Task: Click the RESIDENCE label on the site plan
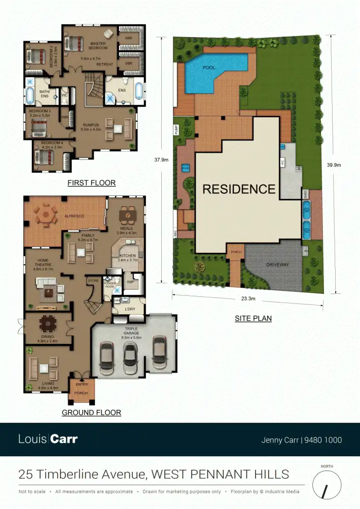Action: (x=239, y=189)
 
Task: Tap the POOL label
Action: (x=209, y=67)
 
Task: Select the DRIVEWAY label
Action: (x=277, y=264)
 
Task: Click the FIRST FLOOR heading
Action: (x=91, y=183)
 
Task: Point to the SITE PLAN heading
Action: (x=253, y=319)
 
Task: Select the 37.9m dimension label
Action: (x=161, y=159)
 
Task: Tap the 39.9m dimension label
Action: (x=334, y=164)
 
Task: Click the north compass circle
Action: (x=327, y=484)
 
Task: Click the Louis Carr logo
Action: (x=48, y=439)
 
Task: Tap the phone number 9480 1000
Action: (x=323, y=440)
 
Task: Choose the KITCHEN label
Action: (x=128, y=256)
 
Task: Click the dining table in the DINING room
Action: (x=48, y=323)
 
